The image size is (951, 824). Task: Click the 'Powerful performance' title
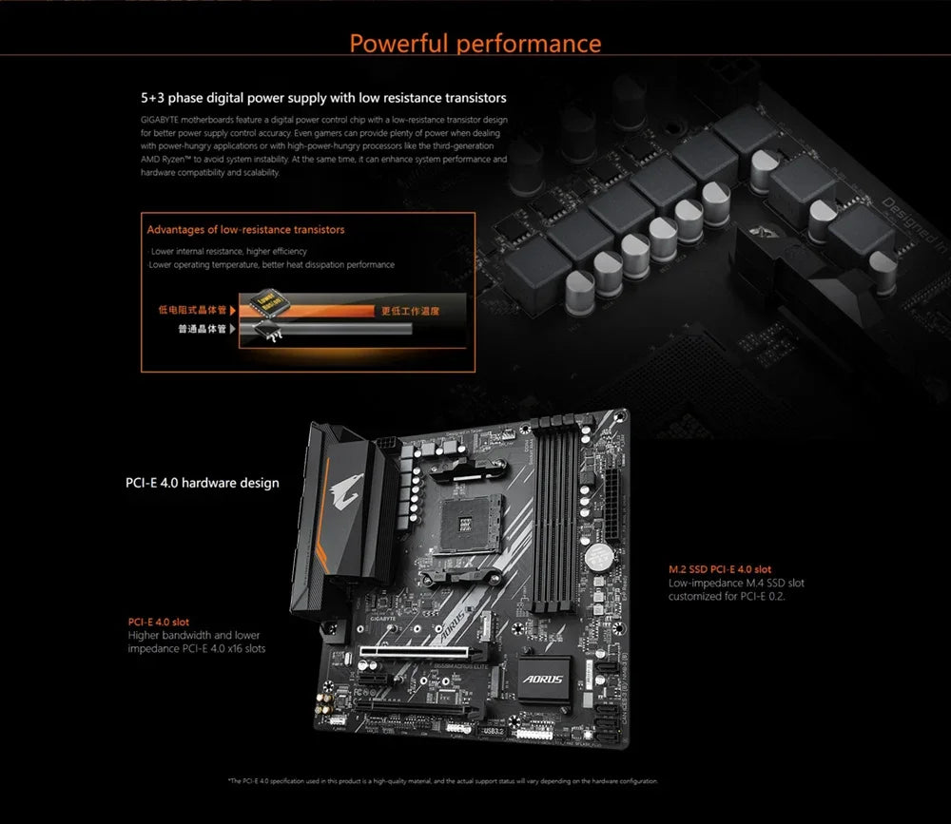(x=475, y=44)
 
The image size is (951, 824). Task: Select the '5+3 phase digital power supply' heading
(x=322, y=98)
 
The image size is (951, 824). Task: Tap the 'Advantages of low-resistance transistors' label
(x=245, y=230)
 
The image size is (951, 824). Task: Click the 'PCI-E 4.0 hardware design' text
(x=203, y=483)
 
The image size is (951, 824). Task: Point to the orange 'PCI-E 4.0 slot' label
(x=159, y=622)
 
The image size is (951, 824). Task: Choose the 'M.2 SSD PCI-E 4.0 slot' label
(x=720, y=569)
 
